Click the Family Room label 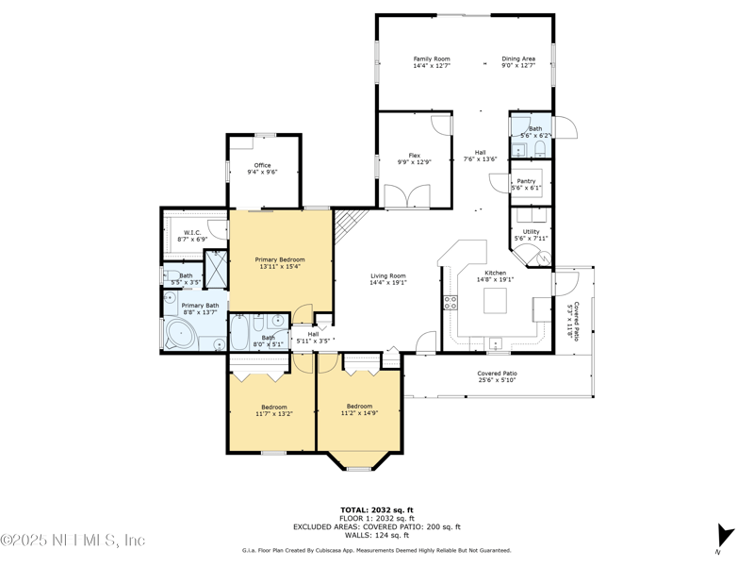432,58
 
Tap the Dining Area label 518,58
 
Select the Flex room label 414,156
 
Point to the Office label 263,165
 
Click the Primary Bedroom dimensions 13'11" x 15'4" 280,266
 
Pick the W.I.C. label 192,232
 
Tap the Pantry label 526,181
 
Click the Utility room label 531,231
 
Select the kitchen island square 496,301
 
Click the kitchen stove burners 451,303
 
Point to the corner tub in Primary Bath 181,336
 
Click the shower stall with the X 216,269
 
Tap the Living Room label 388,275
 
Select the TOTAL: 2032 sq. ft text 377,510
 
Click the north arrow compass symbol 725,536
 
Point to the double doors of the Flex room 407,197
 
